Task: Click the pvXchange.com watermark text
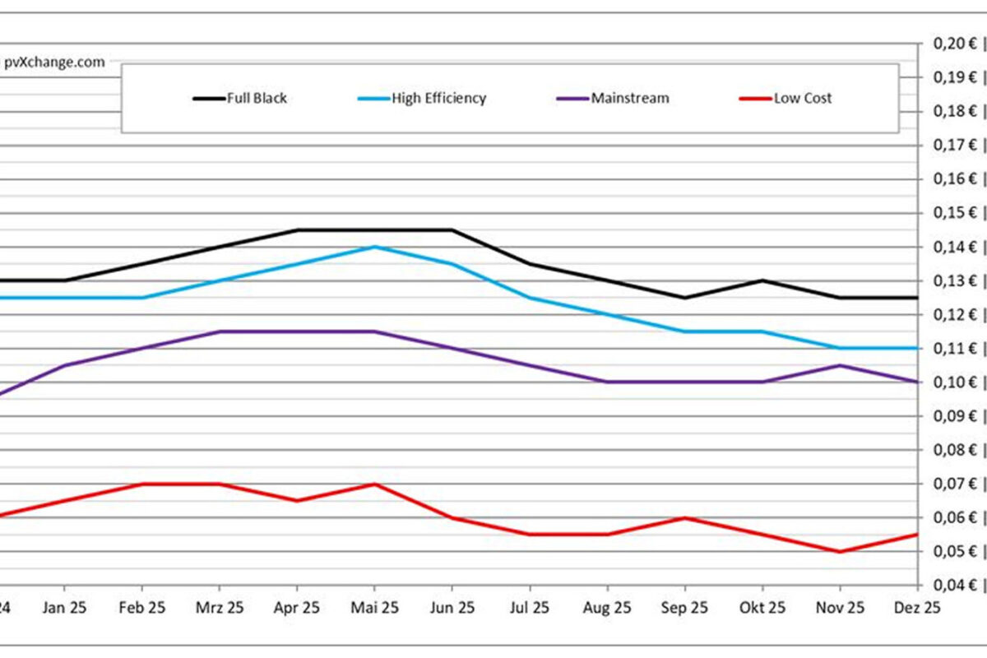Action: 56,63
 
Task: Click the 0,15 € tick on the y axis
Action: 955,213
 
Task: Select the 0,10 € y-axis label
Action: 955,382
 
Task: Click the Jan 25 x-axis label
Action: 65,608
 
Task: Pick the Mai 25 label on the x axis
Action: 374,608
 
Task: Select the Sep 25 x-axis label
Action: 684,608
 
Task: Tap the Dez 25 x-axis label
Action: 917,608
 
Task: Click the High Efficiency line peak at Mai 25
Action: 374,247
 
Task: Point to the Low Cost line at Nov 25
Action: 840,551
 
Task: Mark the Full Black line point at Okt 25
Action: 762,280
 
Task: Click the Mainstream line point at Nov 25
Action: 840,365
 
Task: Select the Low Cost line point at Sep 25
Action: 684,517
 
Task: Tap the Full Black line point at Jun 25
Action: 452,229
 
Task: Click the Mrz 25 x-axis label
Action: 220,608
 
